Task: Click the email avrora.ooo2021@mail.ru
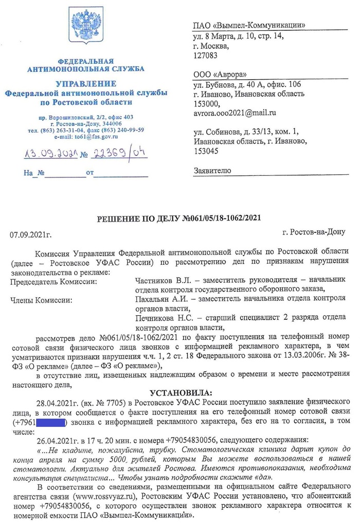tap(235, 112)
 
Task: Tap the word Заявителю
tap(212, 170)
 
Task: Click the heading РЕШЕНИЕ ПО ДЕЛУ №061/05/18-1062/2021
tap(179, 219)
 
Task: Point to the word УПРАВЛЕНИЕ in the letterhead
tap(86, 83)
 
